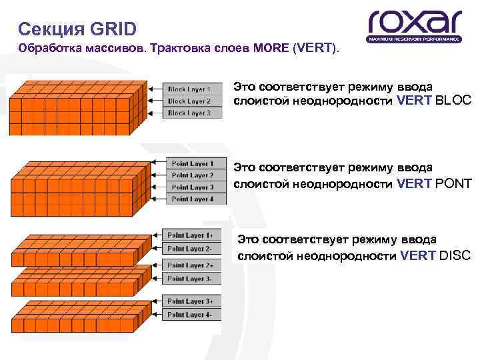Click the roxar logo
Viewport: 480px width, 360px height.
click(x=414, y=26)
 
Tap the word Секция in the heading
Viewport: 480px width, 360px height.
click(x=49, y=29)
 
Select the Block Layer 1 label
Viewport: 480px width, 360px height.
click(x=189, y=89)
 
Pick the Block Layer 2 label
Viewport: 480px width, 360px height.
click(x=189, y=101)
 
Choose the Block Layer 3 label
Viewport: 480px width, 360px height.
click(x=189, y=113)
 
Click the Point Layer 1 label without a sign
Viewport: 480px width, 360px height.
click(x=192, y=163)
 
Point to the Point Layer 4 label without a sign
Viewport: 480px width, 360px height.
click(x=192, y=199)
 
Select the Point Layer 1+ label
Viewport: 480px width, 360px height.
click(x=190, y=235)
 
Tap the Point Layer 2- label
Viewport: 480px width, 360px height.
click(x=190, y=248)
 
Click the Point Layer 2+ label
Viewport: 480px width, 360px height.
click(x=190, y=265)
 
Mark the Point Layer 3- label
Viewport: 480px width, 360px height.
click(x=190, y=278)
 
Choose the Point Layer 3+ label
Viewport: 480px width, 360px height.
click(x=190, y=301)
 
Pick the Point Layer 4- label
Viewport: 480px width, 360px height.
click(x=190, y=314)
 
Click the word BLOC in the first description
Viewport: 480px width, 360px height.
click(x=453, y=101)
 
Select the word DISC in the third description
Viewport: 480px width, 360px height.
click(x=455, y=255)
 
